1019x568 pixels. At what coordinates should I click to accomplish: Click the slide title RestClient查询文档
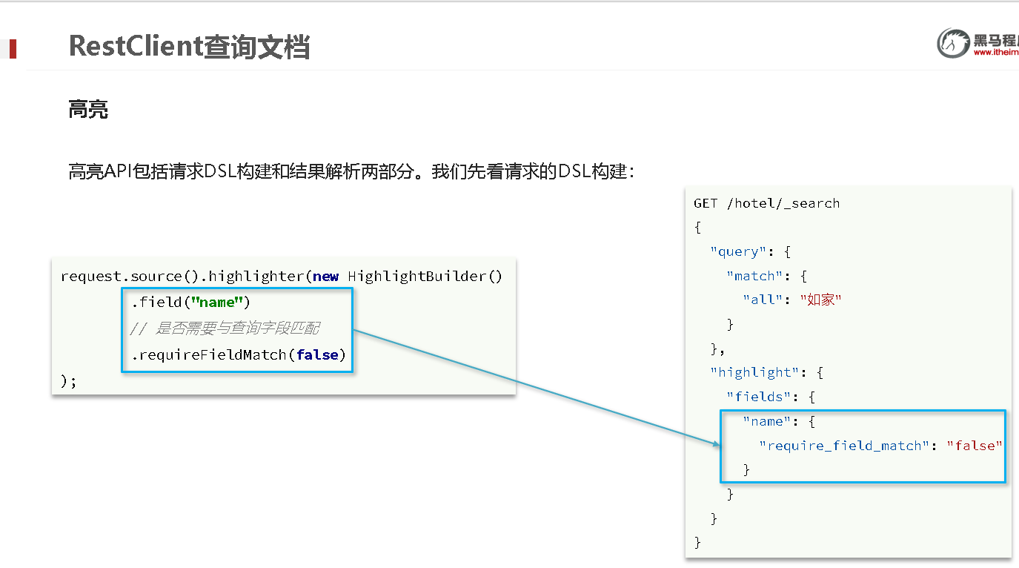(x=189, y=46)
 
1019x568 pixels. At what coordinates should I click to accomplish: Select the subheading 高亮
(x=88, y=110)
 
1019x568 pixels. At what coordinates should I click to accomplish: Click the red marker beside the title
(x=12, y=49)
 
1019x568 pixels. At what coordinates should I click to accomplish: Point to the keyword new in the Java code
(x=325, y=277)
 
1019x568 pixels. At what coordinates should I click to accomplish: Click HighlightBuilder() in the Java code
(x=425, y=277)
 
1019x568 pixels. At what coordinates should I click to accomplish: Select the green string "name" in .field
(x=218, y=303)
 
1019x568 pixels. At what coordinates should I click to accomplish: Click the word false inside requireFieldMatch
(x=317, y=355)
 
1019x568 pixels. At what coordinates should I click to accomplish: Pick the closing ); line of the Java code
(x=68, y=381)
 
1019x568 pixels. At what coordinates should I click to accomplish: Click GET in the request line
(x=706, y=203)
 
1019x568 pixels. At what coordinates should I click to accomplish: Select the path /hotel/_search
(x=783, y=203)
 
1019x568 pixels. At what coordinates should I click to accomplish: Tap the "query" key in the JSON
(x=738, y=251)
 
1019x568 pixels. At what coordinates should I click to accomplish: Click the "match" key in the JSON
(x=754, y=276)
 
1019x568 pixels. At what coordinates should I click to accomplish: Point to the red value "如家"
(x=820, y=300)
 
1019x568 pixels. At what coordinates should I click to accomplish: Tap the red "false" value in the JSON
(x=975, y=446)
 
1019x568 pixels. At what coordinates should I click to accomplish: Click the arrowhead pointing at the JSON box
(x=717, y=444)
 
